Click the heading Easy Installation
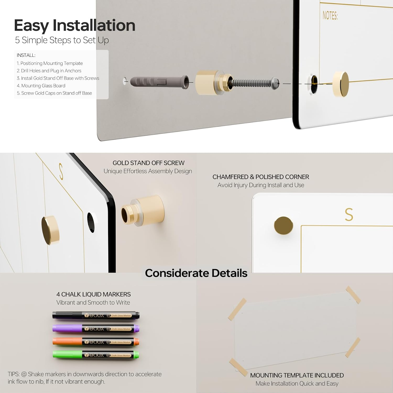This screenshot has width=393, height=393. [x=75, y=26]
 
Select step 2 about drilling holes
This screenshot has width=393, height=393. [x=49, y=71]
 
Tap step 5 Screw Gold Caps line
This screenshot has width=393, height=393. [x=54, y=93]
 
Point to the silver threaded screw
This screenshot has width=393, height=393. [x=253, y=83]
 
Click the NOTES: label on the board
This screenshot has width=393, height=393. [x=330, y=15]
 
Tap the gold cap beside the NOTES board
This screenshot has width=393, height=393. [x=341, y=84]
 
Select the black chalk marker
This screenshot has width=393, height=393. [x=96, y=315]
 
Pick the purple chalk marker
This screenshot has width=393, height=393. [x=96, y=329]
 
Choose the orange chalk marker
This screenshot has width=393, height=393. [x=96, y=342]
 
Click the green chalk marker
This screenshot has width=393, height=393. [x=96, y=355]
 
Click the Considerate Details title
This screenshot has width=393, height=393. [x=196, y=273]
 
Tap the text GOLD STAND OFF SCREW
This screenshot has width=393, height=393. [x=149, y=163]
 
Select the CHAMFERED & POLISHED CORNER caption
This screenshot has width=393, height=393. [x=261, y=177]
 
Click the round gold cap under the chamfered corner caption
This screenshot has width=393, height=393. [x=283, y=226]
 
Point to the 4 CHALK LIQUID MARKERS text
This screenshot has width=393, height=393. [x=94, y=294]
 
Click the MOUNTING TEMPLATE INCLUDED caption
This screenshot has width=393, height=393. [x=297, y=375]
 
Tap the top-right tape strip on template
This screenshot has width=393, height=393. [x=353, y=295]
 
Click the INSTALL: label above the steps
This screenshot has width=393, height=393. [x=26, y=55]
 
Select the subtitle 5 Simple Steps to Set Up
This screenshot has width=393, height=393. [x=62, y=40]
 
